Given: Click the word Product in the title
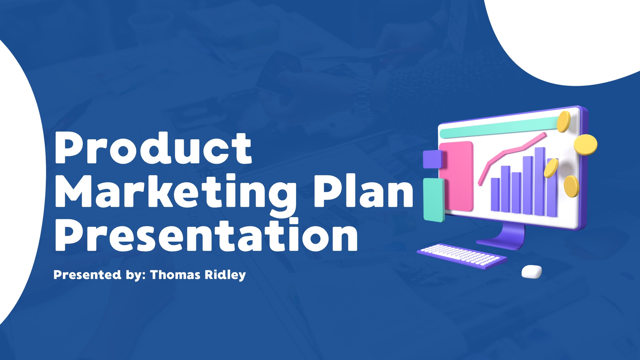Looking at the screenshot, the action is coord(153,148).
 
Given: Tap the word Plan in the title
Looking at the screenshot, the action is coord(364,190).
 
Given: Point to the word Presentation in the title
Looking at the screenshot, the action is coord(206,234).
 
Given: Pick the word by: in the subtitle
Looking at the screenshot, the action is coord(136,275).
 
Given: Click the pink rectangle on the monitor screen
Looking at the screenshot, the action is coord(456,176).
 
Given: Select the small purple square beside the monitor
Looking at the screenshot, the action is coord(432,160).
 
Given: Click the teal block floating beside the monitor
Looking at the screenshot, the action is coord(434,200).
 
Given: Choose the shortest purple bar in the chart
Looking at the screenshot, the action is coord(495,195).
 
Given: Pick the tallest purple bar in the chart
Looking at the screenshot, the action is coord(540,182).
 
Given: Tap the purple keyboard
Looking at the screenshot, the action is coord(462,256).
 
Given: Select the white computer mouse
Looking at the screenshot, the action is coord(532,272).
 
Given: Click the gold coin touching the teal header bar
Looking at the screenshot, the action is coord(564,122).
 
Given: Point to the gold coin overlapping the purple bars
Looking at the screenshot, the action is coord(551,168).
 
